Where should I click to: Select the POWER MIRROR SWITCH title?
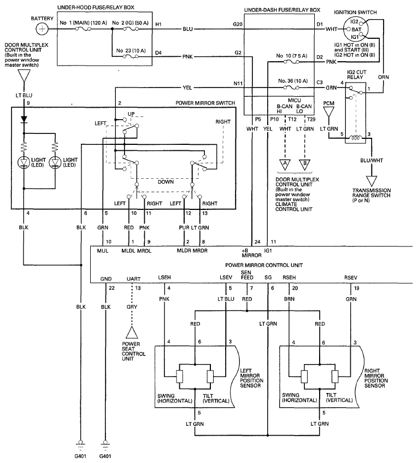205,102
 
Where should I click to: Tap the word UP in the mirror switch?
131,114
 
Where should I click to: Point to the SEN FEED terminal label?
247,275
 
